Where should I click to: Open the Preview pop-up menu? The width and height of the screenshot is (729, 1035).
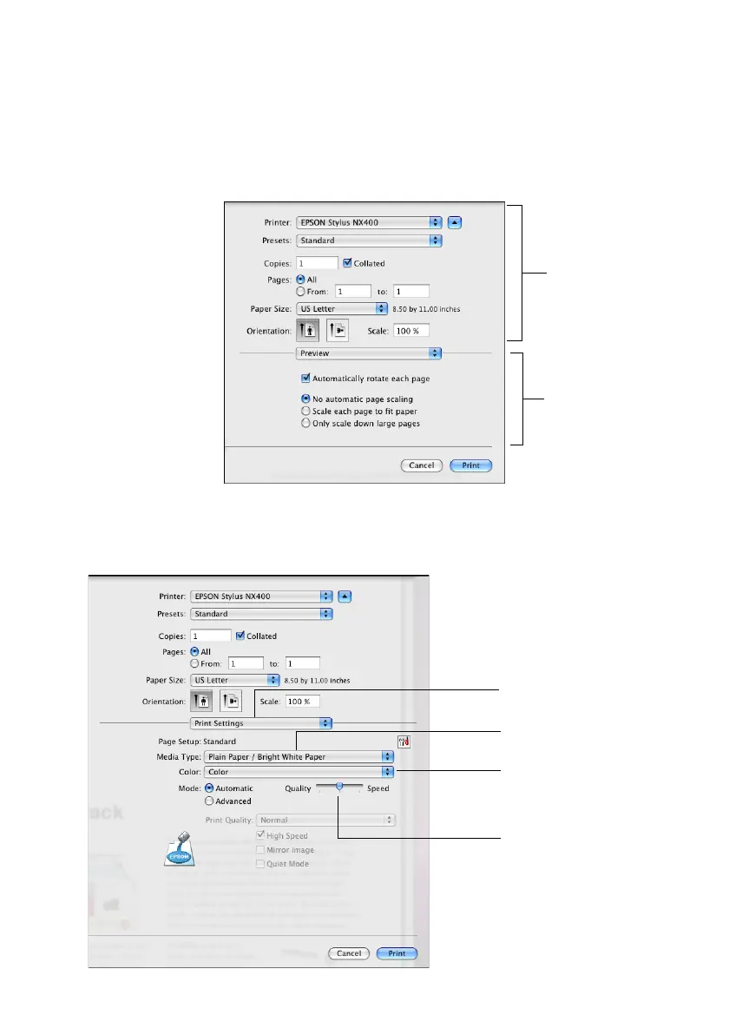tap(369, 353)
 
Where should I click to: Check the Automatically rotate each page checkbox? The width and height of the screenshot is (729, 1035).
tap(305, 379)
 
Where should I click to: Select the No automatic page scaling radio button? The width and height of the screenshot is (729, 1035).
tap(305, 399)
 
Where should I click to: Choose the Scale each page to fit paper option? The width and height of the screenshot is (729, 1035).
tap(305, 411)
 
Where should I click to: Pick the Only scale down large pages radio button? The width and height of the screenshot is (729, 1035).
tap(305, 423)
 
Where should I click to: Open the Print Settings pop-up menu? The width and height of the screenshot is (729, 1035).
tap(261, 722)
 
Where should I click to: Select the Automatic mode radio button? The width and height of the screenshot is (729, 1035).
tap(209, 788)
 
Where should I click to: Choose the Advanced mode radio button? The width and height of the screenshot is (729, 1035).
tap(209, 801)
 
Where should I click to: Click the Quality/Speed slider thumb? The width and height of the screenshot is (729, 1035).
tap(339, 786)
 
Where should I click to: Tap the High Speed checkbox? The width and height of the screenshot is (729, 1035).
tap(260, 835)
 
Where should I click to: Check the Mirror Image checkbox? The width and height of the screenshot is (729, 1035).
tap(260, 850)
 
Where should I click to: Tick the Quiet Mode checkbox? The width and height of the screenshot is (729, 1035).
tap(260, 864)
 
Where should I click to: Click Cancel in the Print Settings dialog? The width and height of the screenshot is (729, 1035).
tap(349, 953)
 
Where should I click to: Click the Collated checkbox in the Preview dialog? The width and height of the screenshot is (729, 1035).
tap(348, 262)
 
